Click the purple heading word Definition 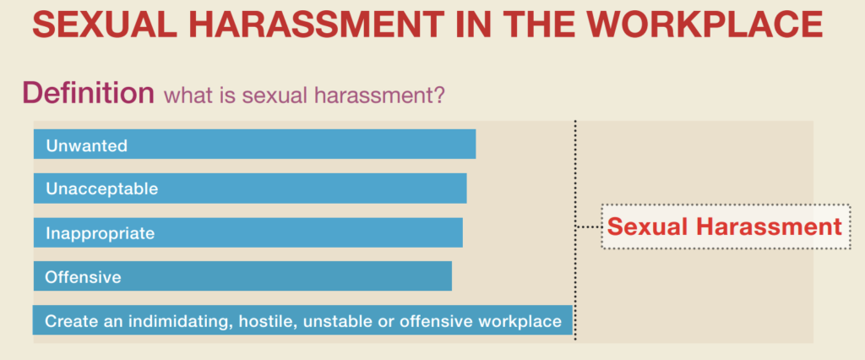click(88, 93)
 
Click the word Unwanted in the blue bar click(87, 145)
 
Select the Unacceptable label click(102, 188)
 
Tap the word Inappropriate click(100, 233)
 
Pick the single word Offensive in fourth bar click(84, 276)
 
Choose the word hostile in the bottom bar click(266, 321)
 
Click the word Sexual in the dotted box click(649, 227)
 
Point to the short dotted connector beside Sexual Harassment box click(588, 227)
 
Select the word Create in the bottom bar click(68, 321)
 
